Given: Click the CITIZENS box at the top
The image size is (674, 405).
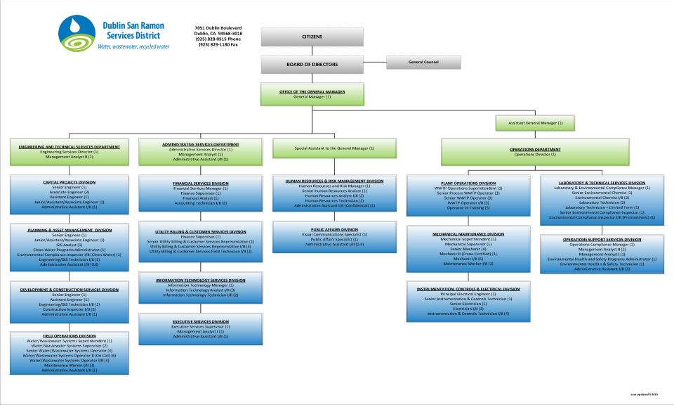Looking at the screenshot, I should pyautogui.click(x=312, y=37).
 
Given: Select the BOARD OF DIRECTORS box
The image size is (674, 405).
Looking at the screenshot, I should pyautogui.click(x=312, y=64).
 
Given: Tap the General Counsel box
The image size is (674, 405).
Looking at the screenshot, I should pyautogui.click(x=423, y=62).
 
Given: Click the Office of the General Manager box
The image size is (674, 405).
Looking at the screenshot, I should pyautogui.click(x=312, y=94).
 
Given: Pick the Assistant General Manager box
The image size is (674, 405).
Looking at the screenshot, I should pyautogui.click(x=536, y=123).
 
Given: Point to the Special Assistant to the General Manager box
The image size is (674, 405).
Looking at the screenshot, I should pyautogui.click(x=334, y=148).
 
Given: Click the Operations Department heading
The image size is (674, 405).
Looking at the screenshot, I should pyautogui.click(x=536, y=149).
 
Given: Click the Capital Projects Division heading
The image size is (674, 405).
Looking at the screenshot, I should pyautogui.click(x=69, y=182).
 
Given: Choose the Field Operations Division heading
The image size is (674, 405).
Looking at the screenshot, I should pyautogui.click(x=69, y=335).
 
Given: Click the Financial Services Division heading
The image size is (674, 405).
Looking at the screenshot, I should pyautogui.click(x=201, y=184).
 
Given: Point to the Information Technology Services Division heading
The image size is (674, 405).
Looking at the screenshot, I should pyautogui.click(x=201, y=280).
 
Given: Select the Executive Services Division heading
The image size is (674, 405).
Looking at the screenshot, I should pyautogui.click(x=201, y=321).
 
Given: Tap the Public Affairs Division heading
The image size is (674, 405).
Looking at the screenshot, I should pyautogui.click(x=334, y=229).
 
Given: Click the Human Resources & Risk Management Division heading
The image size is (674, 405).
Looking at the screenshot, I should pyautogui.click(x=334, y=181).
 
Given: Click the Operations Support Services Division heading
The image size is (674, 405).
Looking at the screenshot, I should pyautogui.click(x=602, y=239).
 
